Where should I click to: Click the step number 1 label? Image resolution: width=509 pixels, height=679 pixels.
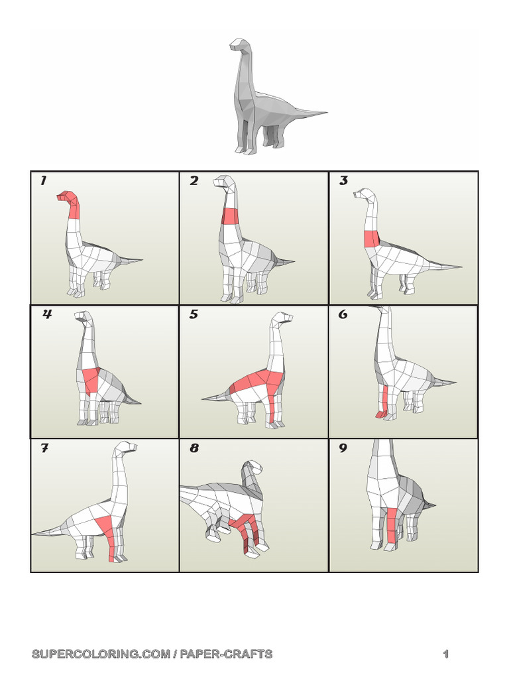pos(44,181)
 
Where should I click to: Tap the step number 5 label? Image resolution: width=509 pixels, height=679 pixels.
pos(194,314)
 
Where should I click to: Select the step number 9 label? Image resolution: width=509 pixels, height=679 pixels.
pos(343,448)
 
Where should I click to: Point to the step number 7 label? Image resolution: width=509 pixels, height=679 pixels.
pos(44,448)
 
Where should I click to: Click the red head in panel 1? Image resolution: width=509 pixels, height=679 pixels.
pos(68,198)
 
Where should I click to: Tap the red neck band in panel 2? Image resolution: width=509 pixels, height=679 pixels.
pos(229,216)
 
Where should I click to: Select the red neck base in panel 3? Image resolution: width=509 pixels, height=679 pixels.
pos(370,239)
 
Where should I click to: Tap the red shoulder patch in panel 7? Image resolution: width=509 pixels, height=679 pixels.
pos(106,528)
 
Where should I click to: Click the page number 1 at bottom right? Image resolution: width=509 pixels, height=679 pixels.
pos(446,654)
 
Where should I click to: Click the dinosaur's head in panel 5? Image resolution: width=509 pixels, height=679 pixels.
pos(284,318)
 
